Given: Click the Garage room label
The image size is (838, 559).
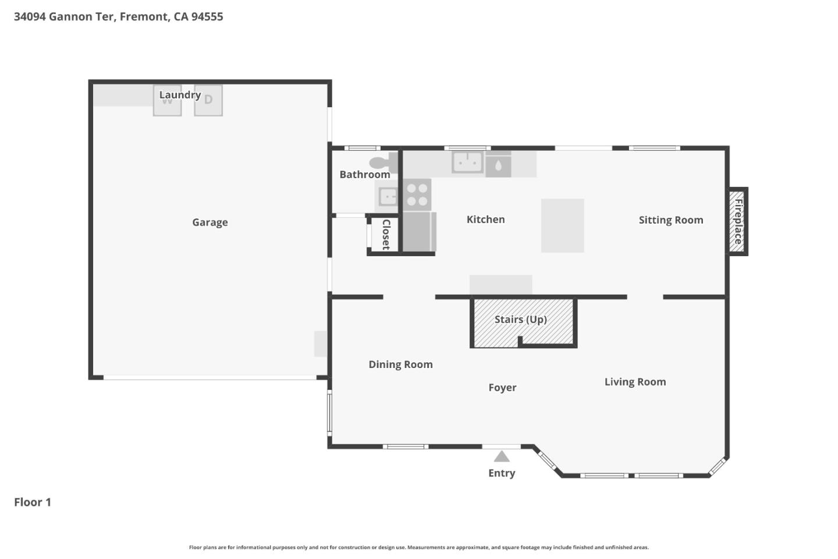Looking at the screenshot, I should (x=210, y=222).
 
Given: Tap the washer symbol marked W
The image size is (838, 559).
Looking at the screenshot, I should (x=167, y=101).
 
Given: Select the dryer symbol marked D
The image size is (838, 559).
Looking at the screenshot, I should (x=208, y=100).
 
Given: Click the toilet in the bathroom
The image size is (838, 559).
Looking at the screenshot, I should (x=382, y=162).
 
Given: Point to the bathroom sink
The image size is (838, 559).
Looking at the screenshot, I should (x=387, y=197).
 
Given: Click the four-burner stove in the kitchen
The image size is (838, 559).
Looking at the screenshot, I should (x=417, y=194).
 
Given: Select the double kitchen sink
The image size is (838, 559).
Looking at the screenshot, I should (x=467, y=162).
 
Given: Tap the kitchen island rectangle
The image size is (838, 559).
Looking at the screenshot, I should (x=562, y=225).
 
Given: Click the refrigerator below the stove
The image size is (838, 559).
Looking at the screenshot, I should (x=418, y=232).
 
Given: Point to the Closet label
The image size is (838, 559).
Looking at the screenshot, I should (x=385, y=235).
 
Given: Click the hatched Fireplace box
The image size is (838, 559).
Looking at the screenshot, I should (x=737, y=221).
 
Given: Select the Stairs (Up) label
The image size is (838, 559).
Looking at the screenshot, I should (x=520, y=319).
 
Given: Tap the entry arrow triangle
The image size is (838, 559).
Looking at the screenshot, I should (x=502, y=457).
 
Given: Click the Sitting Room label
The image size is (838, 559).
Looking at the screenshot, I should (x=670, y=220).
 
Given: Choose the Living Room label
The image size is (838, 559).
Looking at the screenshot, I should (x=635, y=382).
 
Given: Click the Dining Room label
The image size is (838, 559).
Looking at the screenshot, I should (x=400, y=365).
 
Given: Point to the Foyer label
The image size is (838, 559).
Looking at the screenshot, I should (x=502, y=388).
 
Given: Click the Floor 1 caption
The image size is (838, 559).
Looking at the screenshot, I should (x=33, y=502).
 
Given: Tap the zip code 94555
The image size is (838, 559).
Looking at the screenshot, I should (x=207, y=16).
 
